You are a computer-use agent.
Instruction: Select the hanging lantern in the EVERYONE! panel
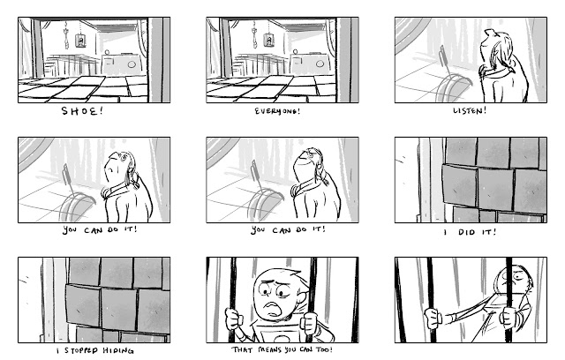(x=269, y=40)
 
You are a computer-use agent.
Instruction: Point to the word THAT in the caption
(x=243, y=350)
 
